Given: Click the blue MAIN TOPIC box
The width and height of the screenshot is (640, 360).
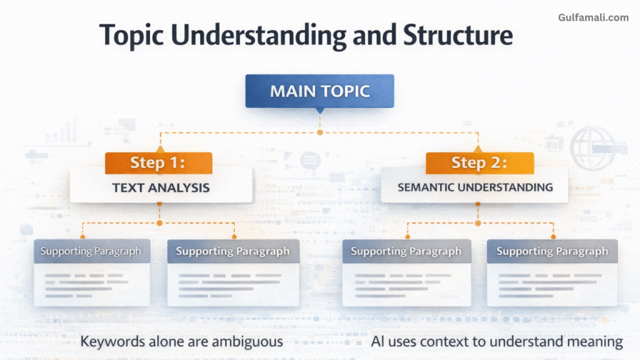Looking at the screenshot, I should [x=319, y=91].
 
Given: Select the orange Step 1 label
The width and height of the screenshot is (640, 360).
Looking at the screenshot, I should [x=158, y=163].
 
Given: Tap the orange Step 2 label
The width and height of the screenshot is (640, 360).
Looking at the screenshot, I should [x=479, y=163].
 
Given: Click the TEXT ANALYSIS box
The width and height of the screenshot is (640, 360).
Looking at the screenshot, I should [x=161, y=187].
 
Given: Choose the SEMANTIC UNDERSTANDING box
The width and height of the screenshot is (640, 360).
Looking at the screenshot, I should [x=475, y=187].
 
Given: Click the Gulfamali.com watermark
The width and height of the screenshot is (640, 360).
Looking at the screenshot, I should [x=593, y=17].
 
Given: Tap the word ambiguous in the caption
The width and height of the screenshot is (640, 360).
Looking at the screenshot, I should [x=246, y=342].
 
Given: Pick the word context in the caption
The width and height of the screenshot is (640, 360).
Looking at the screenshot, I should [x=449, y=342].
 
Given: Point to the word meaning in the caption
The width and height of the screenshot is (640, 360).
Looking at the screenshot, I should [x=595, y=342].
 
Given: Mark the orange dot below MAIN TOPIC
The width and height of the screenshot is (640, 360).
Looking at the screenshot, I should [x=320, y=132].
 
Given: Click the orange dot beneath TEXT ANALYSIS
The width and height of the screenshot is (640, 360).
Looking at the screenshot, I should [x=159, y=223].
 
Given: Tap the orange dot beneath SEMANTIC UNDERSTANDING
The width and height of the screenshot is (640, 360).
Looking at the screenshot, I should [x=478, y=223].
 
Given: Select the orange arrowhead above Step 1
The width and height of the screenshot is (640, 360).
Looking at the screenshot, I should [x=159, y=149].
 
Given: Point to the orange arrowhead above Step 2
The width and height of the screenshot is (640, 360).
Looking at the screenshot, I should [x=479, y=149].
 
